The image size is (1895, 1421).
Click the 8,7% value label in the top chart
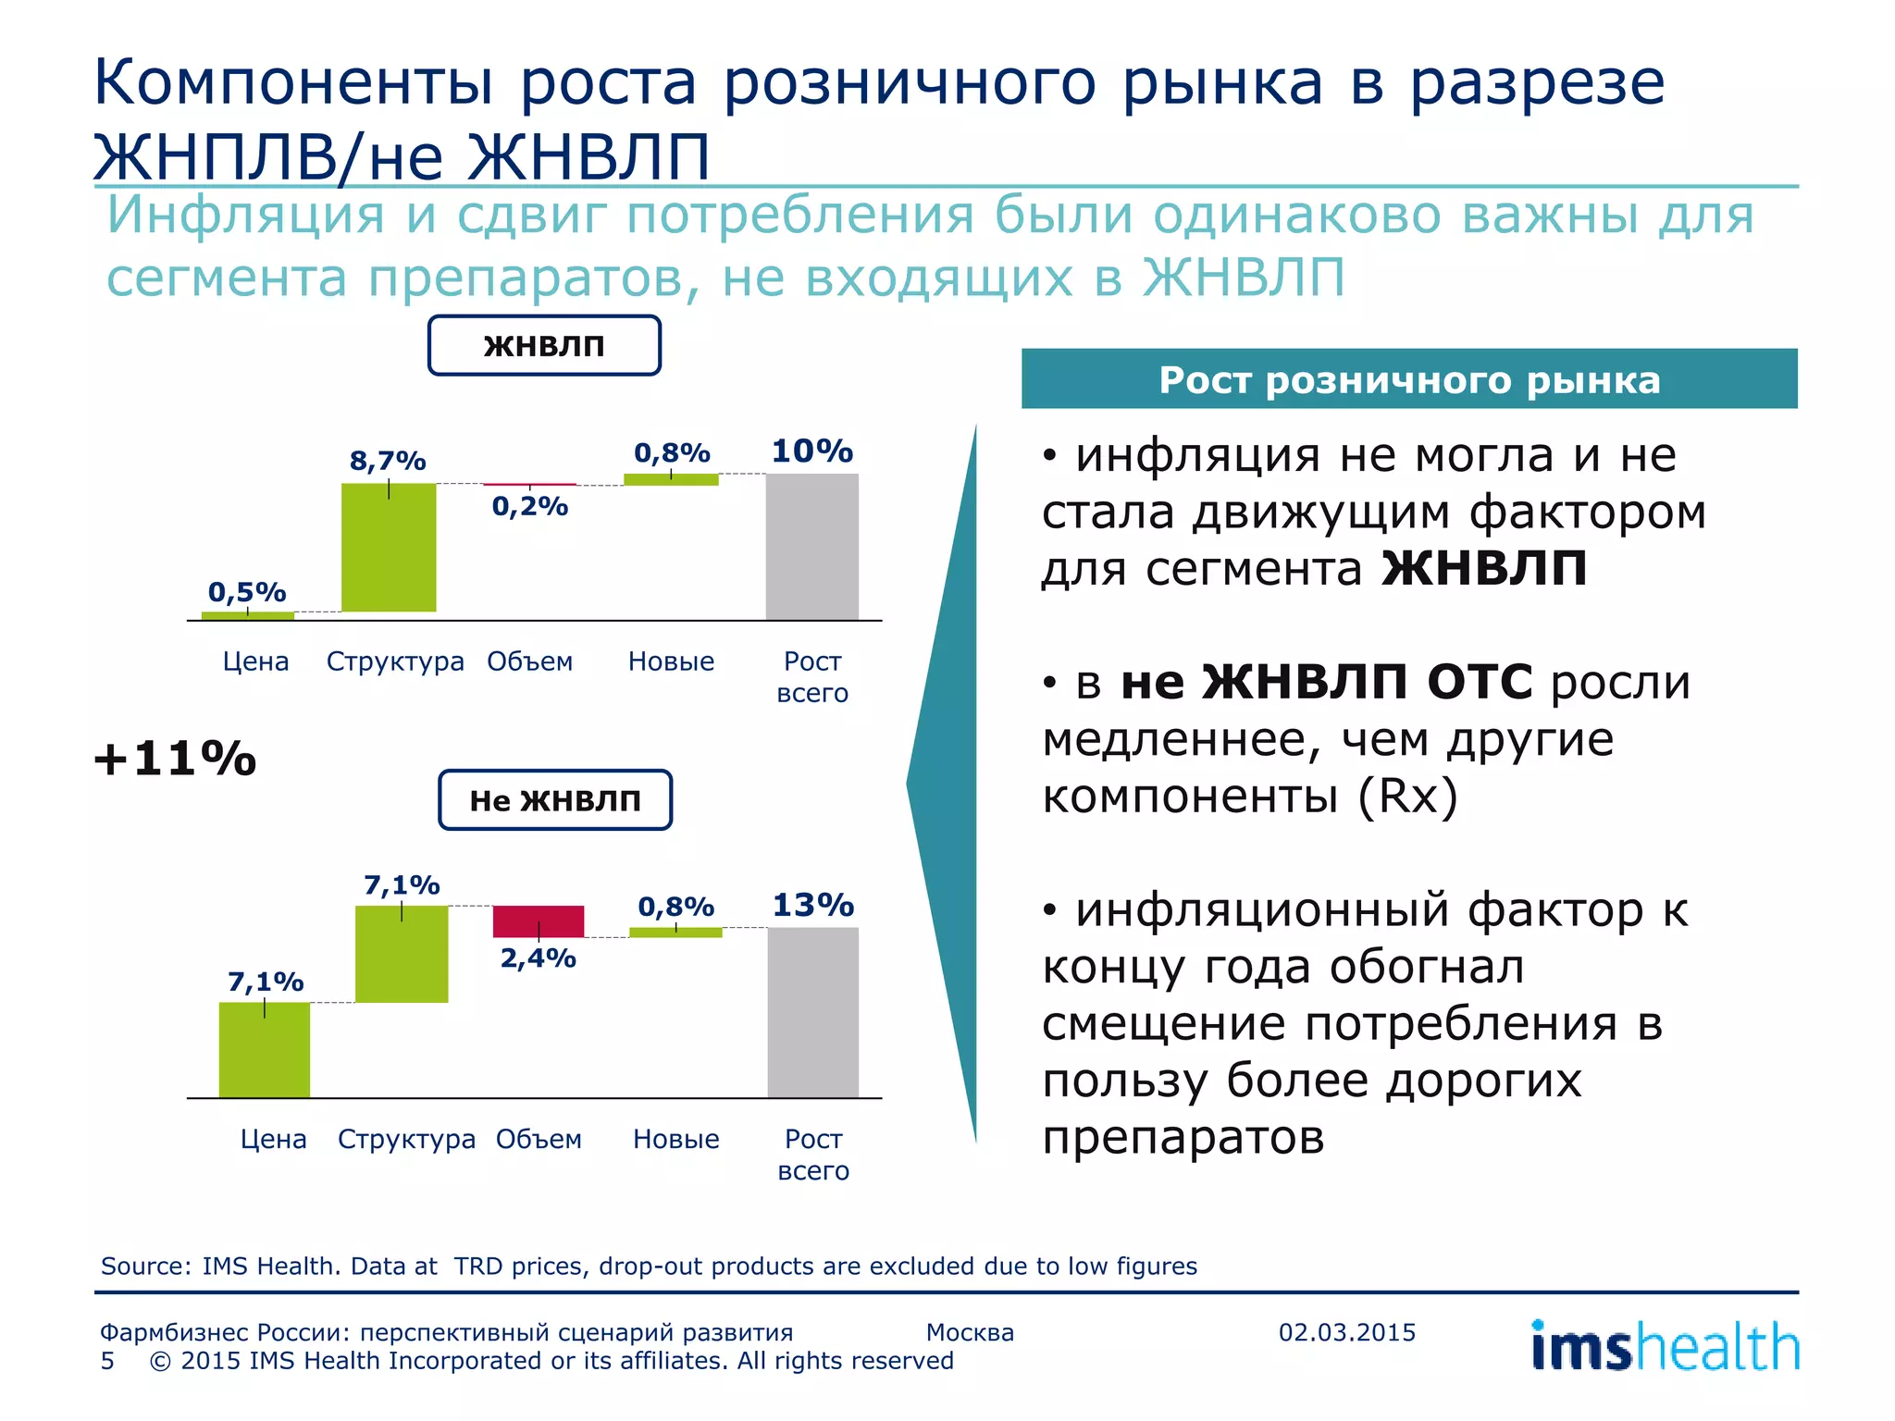click(388, 461)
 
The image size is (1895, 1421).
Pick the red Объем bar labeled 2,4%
click(539, 921)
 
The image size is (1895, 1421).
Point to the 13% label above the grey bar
click(812, 905)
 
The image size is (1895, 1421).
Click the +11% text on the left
click(175, 760)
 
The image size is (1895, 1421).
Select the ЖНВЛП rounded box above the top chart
click(544, 346)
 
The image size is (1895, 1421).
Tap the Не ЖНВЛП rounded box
click(555, 800)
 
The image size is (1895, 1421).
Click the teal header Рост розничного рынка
click(1408, 379)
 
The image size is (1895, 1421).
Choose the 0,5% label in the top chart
click(247, 592)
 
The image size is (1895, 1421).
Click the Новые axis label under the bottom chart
click(675, 1139)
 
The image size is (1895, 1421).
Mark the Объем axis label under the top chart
click(530, 661)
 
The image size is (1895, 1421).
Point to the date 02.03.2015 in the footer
click(1346, 1332)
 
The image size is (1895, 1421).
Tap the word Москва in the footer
click(970, 1332)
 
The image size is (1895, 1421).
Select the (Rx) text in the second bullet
click(1407, 796)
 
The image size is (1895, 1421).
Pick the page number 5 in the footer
click(108, 1361)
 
